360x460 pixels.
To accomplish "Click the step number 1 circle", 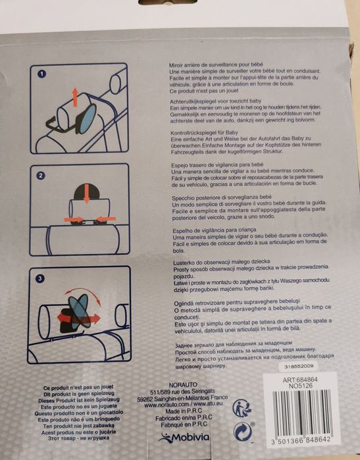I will point(41,74).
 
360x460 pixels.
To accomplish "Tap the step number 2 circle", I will point(41,176).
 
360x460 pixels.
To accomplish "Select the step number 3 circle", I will point(41,279).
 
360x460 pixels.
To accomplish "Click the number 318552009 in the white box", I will point(300,366).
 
